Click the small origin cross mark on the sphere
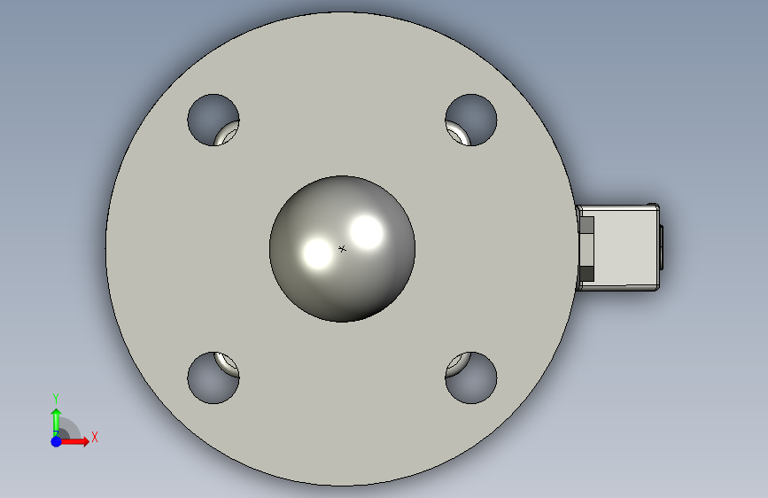pyautogui.click(x=342, y=249)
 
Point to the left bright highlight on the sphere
pyautogui.click(x=317, y=253)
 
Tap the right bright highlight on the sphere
pyautogui.click(x=367, y=232)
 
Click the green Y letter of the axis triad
pyautogui.click(x=56, y=399)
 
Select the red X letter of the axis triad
pyautogui.click(x=95, y=437)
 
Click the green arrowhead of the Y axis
pyautogui.click(x=57, y=414)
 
